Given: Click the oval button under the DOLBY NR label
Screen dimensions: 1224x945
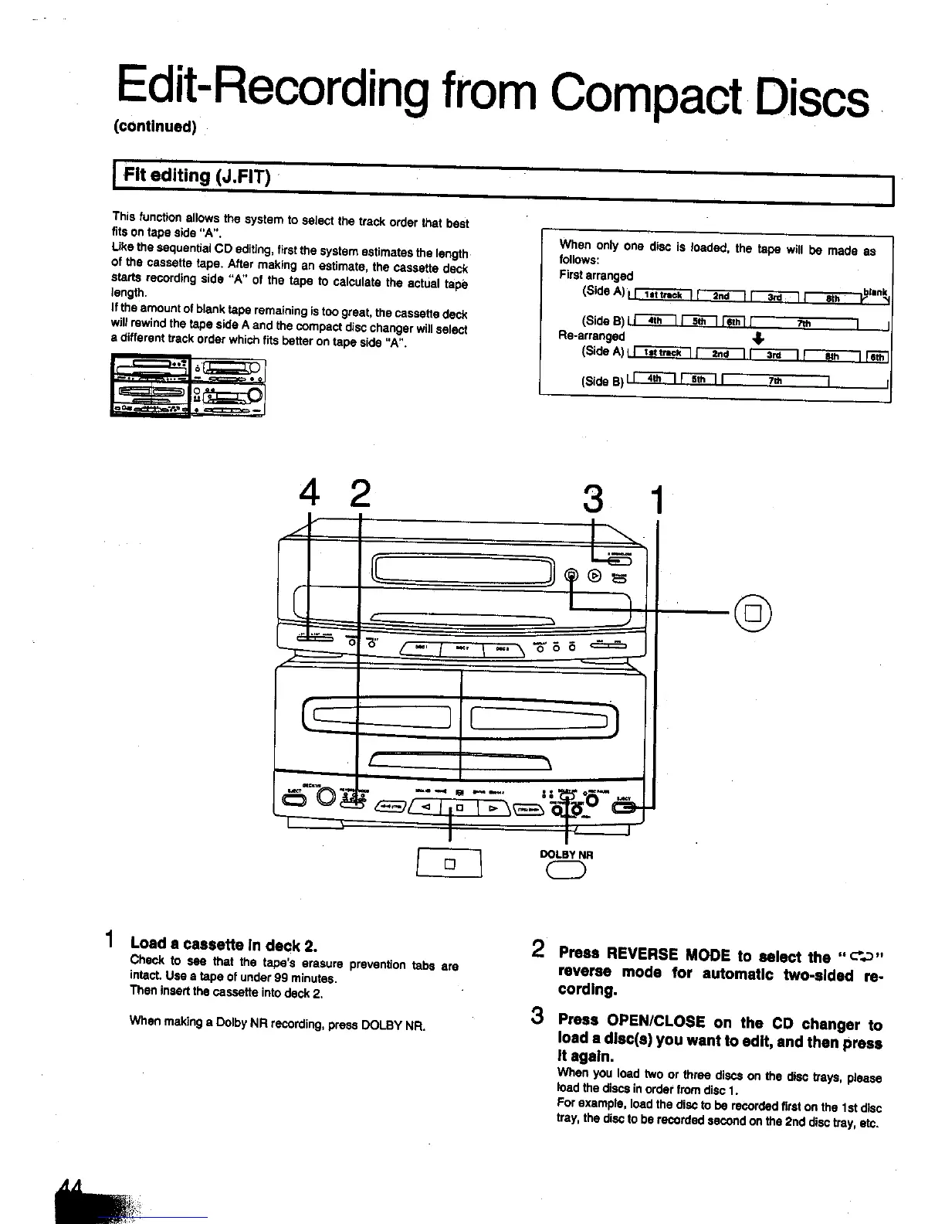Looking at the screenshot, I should pos(567,871).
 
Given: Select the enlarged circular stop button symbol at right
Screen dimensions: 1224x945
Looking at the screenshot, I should pos(754,615).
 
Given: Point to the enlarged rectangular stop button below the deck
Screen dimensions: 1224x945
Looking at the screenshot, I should pos(449,863).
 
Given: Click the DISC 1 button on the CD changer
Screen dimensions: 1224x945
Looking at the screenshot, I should pos(421,650).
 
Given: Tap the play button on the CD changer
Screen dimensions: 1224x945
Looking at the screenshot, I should pos(594,575).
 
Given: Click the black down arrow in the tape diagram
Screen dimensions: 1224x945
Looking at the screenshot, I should pos(758,338).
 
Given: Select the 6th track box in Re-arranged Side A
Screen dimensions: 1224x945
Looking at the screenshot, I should pos(878,356).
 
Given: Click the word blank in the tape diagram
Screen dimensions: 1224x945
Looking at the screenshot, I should pos(876,292).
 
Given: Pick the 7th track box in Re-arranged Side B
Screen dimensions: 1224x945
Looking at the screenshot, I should pos(774,380).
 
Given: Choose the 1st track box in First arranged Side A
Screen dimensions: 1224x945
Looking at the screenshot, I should pos(662,296).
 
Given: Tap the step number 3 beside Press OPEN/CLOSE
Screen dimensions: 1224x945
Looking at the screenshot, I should pos(538,1015).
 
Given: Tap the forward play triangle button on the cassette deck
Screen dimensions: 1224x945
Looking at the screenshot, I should pos(491,808).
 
